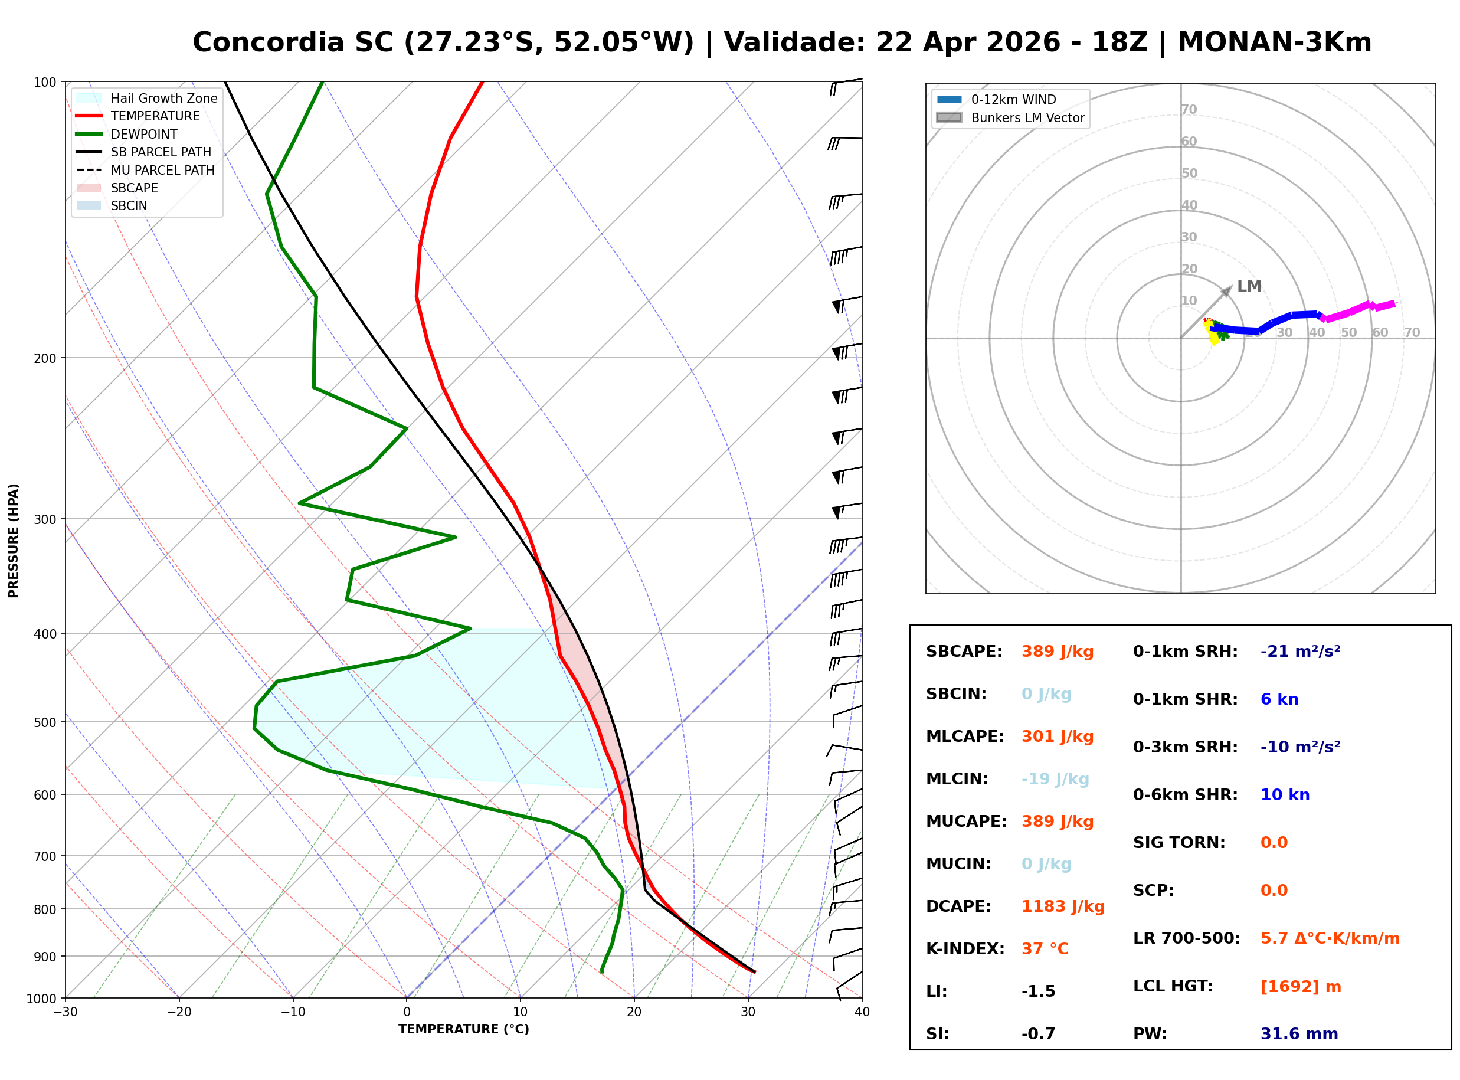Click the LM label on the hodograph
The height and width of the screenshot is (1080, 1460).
(1249, 286)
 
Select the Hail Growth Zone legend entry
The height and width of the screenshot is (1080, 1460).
(163, 98)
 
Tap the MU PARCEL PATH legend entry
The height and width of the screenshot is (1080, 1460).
(162, 170)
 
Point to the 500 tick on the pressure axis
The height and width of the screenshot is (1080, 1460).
(45, 722)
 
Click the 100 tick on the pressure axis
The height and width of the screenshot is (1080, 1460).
(45, 83)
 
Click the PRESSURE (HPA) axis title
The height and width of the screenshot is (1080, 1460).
(14, 541)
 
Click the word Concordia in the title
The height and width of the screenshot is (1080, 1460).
(268, 42)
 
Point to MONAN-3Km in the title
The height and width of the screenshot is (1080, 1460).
(1274, 42)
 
